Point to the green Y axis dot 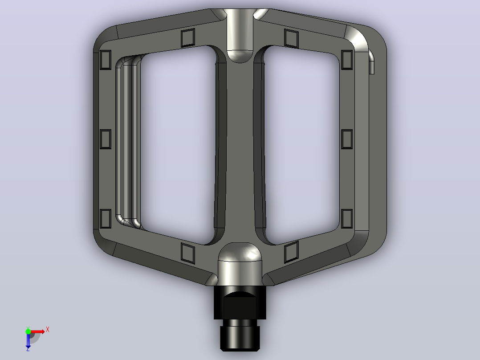click(x=28, y=331)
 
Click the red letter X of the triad click(x=48, y=330)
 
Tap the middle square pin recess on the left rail click(x=106, y=139)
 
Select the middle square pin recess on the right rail click(x=347, y=139)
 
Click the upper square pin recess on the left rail click(x=106, y=60)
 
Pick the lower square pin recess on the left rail click(x=106, y=219)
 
